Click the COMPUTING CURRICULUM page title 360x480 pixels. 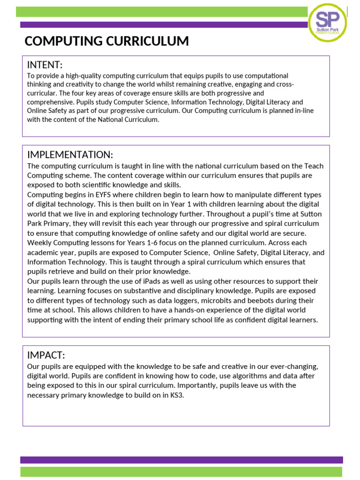[x=106, y=41]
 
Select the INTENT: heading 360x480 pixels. [x=45, y=65]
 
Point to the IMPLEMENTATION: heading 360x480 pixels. [x=70, y=155]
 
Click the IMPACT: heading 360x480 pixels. [x=46, y=355]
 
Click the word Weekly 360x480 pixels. [x=39, y=243]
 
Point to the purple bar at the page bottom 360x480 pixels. [x=181, y=460]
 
